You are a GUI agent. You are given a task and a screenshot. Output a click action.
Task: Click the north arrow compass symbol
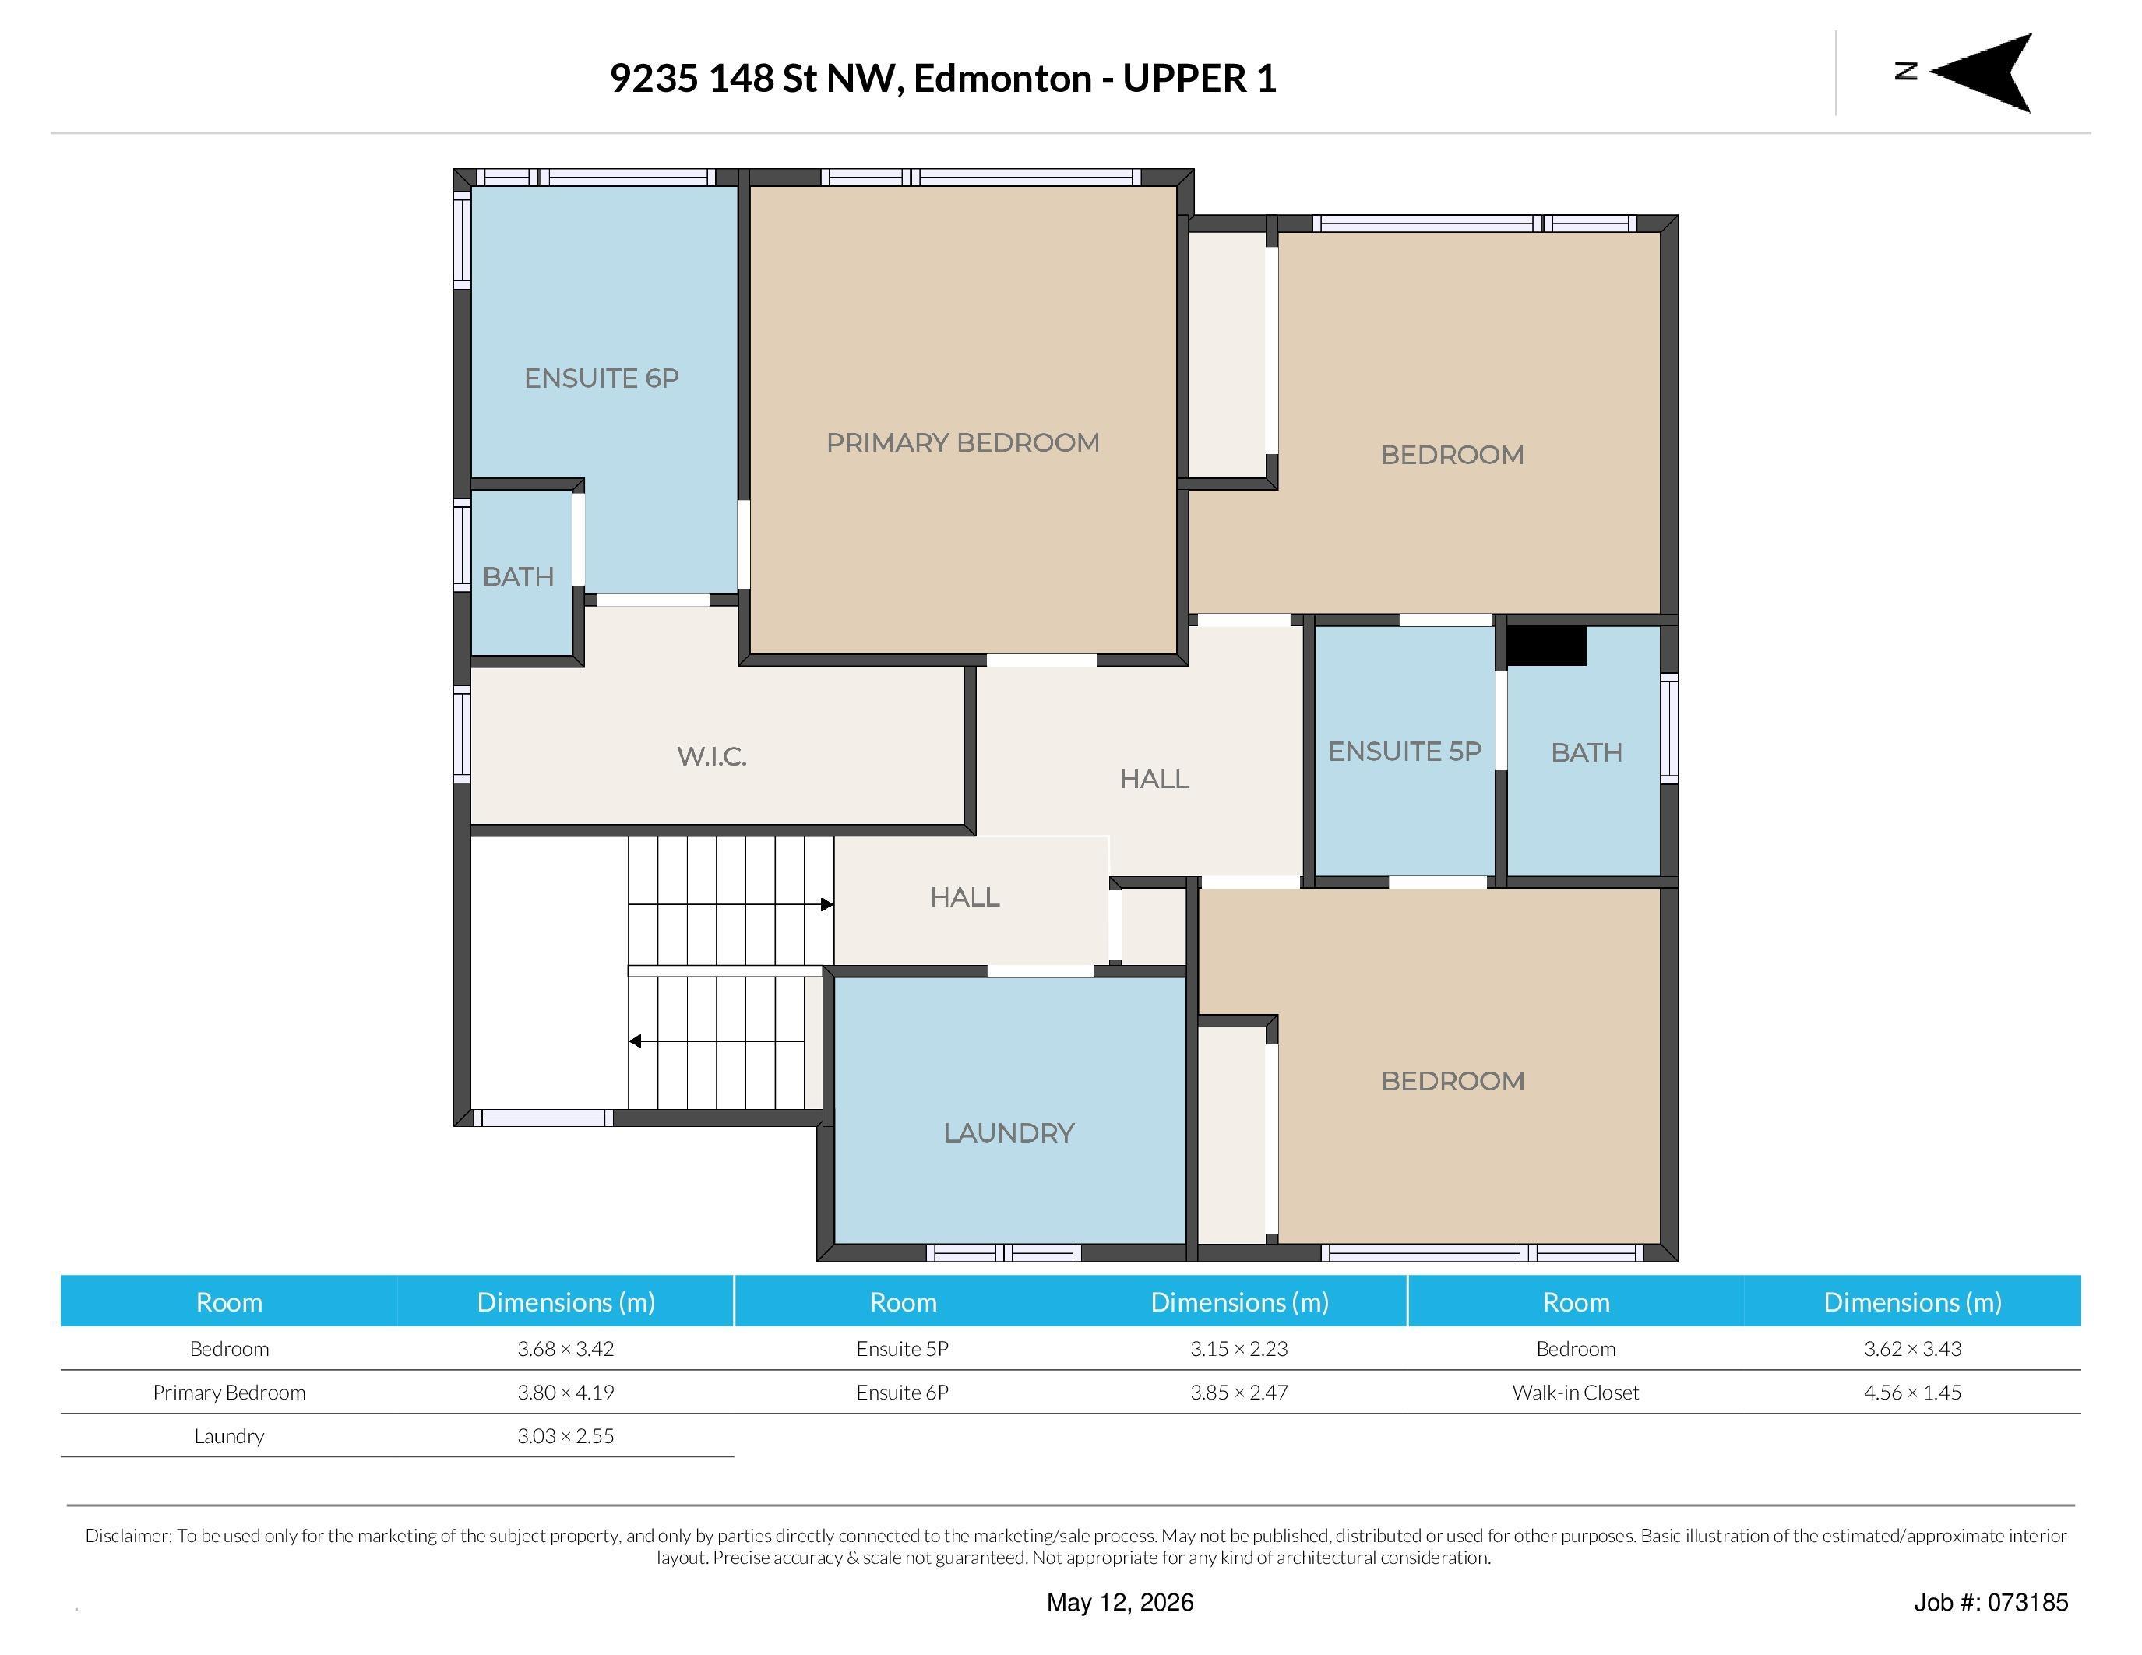1981,72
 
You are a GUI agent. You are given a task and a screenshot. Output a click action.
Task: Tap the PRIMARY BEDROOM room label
962,442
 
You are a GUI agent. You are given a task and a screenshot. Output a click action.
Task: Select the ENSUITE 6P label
601,379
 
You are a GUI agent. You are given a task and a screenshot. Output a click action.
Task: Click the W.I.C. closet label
712,756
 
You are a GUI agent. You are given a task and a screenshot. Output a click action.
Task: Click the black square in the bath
1545,646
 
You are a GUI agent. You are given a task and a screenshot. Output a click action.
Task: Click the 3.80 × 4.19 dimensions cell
566,1393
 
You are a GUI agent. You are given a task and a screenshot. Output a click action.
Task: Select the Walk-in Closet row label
1575,1393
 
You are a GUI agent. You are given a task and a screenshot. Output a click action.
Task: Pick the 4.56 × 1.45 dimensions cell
1912,1393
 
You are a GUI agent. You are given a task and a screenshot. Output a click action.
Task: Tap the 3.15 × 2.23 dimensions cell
1238,1348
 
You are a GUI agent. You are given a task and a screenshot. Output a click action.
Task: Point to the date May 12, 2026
1120,1602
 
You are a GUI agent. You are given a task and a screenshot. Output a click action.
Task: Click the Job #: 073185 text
1991,1602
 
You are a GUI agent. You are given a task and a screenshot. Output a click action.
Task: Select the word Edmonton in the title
1002,79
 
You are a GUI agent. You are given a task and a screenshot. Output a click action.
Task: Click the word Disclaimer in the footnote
129,1535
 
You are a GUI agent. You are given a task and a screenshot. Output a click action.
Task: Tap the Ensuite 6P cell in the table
902,1393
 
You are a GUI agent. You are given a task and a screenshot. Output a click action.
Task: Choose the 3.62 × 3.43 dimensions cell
1912,1348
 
